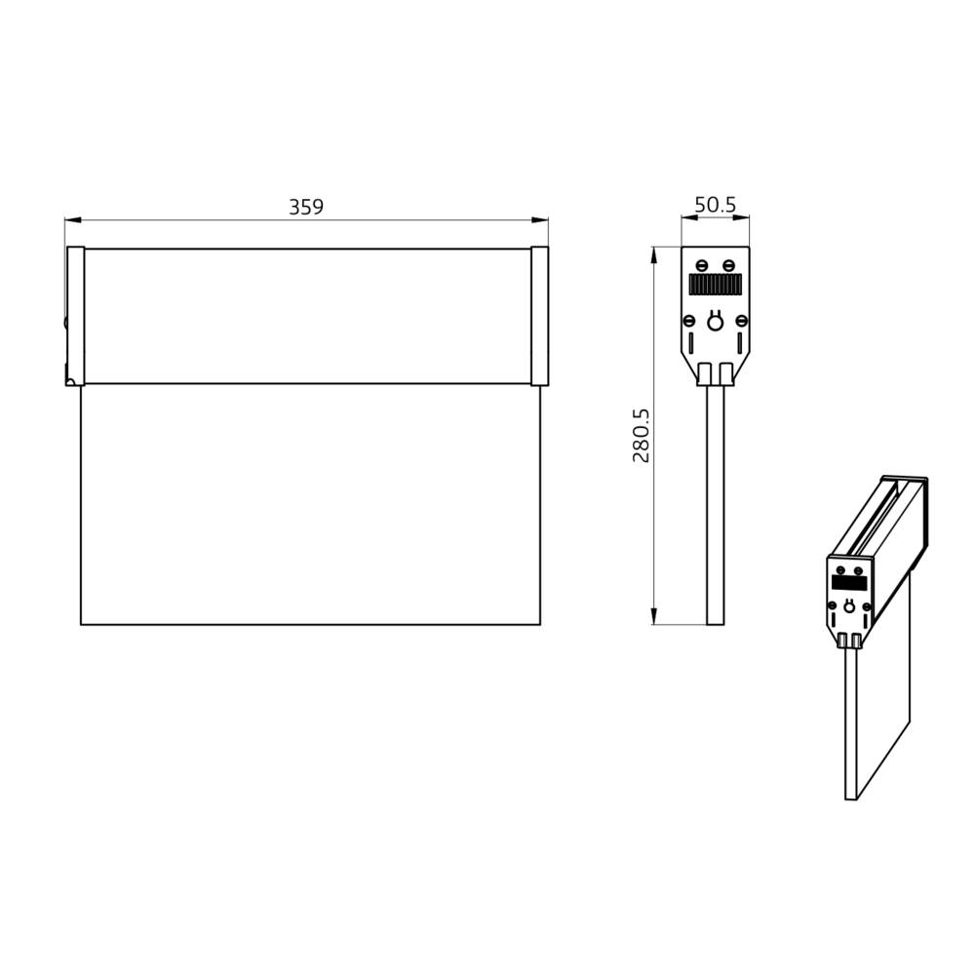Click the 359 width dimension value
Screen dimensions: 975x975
pyautogui.click(x=305, y=207)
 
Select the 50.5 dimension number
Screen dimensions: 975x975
pyautogui.click(x=715, y=205)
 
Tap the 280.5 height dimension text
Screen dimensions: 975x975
pyautogui.click(x=641, y=435)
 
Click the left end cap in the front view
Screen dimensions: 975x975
pyautogui.click(x=75, y=316)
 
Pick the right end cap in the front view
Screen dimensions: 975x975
pyautogui.click(x=539, y=316)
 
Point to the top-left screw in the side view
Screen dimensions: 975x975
pyautogui.click(x=702, y=265)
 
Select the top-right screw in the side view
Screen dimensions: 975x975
pyautogui.click(x=728, y=265)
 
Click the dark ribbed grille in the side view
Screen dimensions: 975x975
pyautogui.click(x=715, y=285)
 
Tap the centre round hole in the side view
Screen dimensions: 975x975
pyautogui.click(x=715, y=321)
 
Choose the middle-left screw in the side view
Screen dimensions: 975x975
pyautogui.click(x=689, y=320)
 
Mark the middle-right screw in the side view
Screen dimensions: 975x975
pyautogui.click(x=741, y=320)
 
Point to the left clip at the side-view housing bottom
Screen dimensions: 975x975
pyautogui.click(x=704, y=374)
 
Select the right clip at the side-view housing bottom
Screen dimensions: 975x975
pyautogui.click(x=726, y=374)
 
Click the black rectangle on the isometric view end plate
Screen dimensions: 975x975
pyautogui.click(x=848, y=583)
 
